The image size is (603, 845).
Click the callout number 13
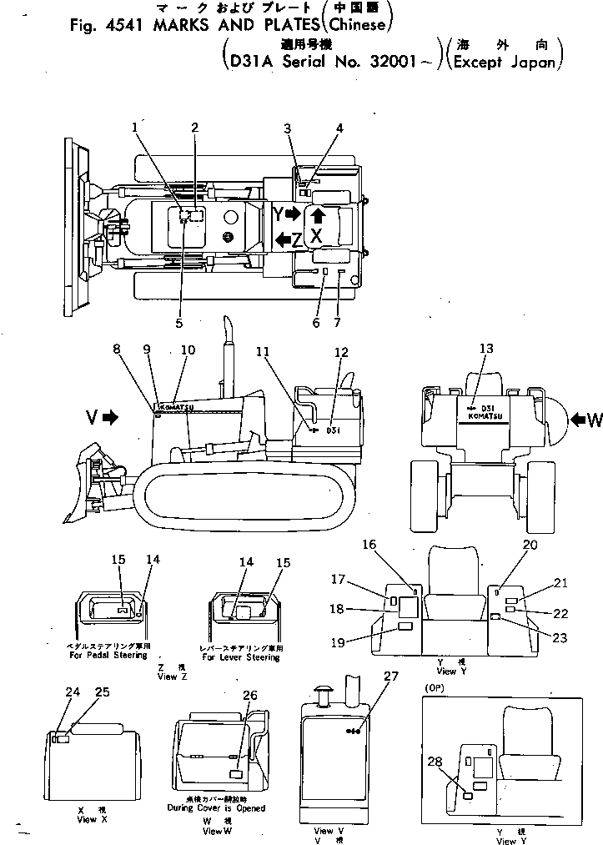pyautogui.click(x=486, y=349)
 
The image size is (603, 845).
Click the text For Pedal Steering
pyautogui.click(x=108, y=656)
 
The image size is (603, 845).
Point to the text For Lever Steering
pyautogui.click(x=241, y=657)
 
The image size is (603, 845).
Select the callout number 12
pyautogui.click(x=340, y=352)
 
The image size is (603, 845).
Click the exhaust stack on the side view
pyautogui.click(x=225, y=350)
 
